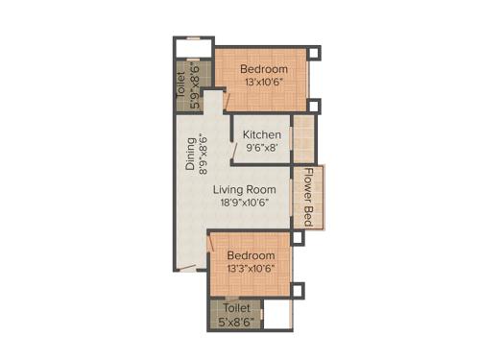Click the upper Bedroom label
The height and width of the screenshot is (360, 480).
coord(264,69)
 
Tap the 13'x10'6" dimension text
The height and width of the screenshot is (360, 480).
coord(264,83)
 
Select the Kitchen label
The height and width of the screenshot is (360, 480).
coord(262,134)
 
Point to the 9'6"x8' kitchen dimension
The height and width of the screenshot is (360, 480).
coord(262,149)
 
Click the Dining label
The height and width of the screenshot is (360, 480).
coord(190,154)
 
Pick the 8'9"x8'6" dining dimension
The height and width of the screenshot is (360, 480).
coord(203,154)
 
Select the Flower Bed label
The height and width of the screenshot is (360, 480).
coord(309,192)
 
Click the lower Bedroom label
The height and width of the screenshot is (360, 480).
coord(252,255)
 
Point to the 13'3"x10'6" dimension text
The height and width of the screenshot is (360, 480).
coord(252,269)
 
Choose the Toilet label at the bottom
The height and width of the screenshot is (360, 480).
coord(236,308)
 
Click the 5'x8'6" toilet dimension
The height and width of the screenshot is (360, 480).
coord(236,323)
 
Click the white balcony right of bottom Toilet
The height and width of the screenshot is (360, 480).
coord(278,316)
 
